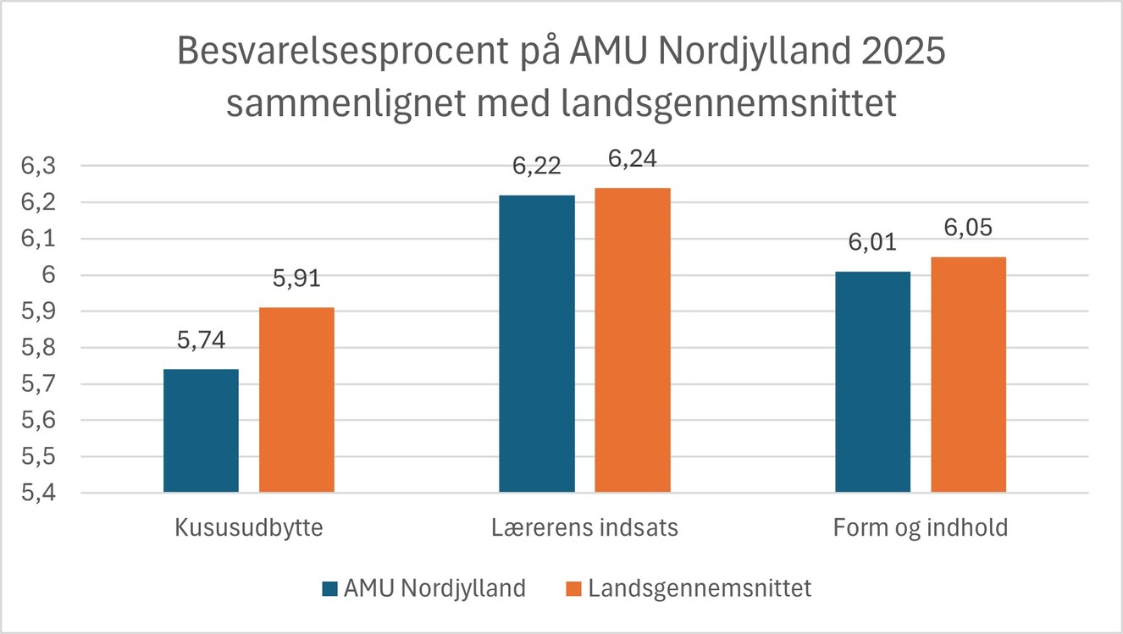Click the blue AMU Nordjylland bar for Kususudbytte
pyautogui.click(x=201, y=431)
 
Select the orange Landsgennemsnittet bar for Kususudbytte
pyautogui.click(x=296, y=400)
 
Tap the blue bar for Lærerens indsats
pyautogui.click(x=537, y=344)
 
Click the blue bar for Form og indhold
pyautogui.click(x=872, y=382)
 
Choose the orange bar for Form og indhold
pyautogui.click(x=969, y=374)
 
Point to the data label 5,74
pyautogui.click(x=201, y=342)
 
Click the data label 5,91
pyautogui.click(x=296, y=279)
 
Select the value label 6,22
pyautogui.click(x=537, y=167)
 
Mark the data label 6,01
pyautogui.click(x=872, y=244)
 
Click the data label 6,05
pyautogui.click(x=969, y=229)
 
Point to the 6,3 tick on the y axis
pyautogui.click(x=37, y=167)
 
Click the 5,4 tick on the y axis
pyautogui.click(x=37, y=493)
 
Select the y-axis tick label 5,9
pyautogui.click(x=37, y=311)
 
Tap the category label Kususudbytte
pyautogui.click(x=249, y=528)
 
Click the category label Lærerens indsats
pyautogui.click(x=585, y=528)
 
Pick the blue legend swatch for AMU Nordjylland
pyautogui.click(x=329, y=588)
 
